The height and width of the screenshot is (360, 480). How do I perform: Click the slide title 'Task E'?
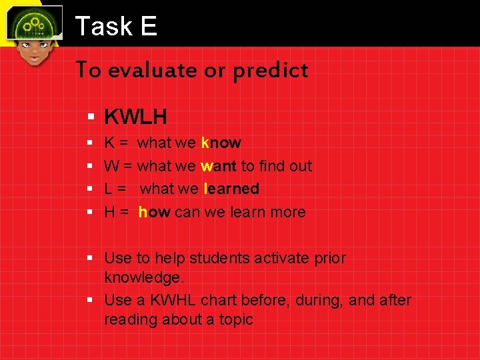point(116,26)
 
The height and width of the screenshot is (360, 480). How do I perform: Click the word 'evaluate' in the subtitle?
point(150,70)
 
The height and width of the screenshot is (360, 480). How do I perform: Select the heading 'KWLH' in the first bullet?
point(136,117)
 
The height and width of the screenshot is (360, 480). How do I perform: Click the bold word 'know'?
point(221,143)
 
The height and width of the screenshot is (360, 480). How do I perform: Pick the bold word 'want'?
point(219,166)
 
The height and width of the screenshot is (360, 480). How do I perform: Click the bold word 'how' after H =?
point(155,212)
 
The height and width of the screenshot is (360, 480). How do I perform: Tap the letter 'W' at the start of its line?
point(112,166)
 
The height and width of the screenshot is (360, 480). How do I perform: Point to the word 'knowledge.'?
point(143,277)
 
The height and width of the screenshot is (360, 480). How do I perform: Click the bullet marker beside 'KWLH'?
point(91,118)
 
